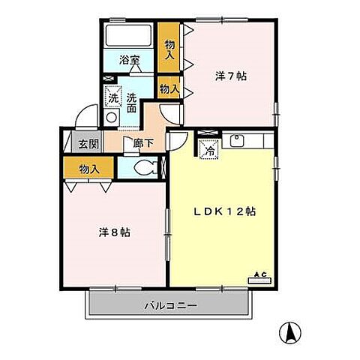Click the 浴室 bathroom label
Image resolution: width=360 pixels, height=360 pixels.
pyautogui.click(x=129, y=60)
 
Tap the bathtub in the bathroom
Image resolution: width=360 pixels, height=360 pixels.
pyautogui.click(x=128, y=35)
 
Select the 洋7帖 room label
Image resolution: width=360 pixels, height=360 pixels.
pyautogui.click(x=231, y=76)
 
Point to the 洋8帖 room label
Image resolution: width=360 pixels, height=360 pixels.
pyautogui.click(x=115, y=232)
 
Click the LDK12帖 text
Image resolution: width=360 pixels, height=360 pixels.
pyautogui.click(x=226, y=211)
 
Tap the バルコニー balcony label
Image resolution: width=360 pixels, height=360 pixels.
pyautogui.click(x=170, y=306)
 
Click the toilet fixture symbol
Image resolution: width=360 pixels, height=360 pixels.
pyautogui.click(x=144, y=167)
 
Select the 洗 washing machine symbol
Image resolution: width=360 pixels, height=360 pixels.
pyautogui.click(x=112, y=97)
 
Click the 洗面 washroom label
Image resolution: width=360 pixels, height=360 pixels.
pyautogui.click(x=130, y=102)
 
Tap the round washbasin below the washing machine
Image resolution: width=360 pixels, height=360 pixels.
pyautogui.click(x=111, y=118)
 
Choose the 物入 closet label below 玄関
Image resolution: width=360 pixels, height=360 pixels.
pyautogui.click(x=88, y=169)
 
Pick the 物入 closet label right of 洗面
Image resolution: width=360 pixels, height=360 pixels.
pyautogui.click(x=169, y=88)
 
